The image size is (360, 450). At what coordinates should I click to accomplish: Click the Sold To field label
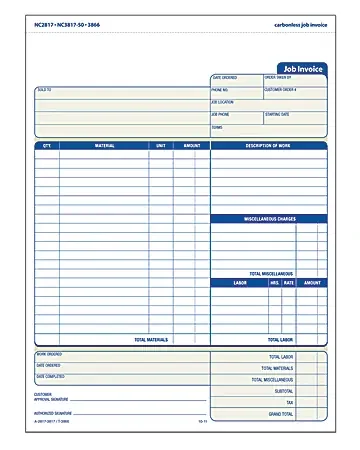tap(45, 90)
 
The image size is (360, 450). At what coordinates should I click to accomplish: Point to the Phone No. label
tap(221, 90)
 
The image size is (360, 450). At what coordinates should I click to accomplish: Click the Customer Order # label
tap(281, 90)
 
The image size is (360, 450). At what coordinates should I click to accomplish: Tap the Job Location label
tap(223, 102)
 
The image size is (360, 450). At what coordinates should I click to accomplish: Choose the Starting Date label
tap(279, 114)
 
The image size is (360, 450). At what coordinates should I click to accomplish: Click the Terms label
tap(217, 127)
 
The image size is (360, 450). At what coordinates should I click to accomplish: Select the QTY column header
tap(46, 146)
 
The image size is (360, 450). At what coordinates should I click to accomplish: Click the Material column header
tap(104, 146)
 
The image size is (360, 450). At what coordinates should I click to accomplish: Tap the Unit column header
tap(160, 146)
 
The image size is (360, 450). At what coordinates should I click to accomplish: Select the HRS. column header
tap(275, 283)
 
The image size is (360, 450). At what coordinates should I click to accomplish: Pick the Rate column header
tap(289, 283)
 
